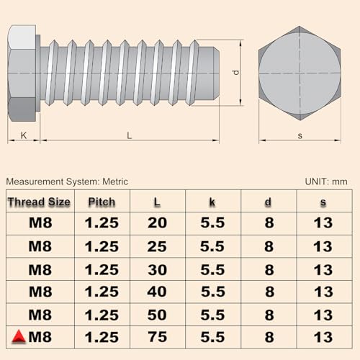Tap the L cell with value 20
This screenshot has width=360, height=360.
click(x=156, y=222)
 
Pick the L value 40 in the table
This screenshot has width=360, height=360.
click(x=156, y=292)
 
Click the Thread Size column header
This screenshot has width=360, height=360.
click(x=39, y=202)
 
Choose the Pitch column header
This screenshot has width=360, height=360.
click(x=102, y=202)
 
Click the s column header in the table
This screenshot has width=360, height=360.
click(x=323, y=202)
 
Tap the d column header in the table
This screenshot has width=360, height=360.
click(x=268, y=202)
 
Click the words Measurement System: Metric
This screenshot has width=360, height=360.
click(x=67, y=181)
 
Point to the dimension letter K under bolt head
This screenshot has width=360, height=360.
click(x=23, y=135)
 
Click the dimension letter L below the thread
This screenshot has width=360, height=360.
click(x=129, y=135)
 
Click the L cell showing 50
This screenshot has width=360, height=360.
click(x=156, y=315)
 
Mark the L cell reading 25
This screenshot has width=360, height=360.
click(x=156, y=246)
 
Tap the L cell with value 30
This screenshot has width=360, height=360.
click(x=156, y=269)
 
